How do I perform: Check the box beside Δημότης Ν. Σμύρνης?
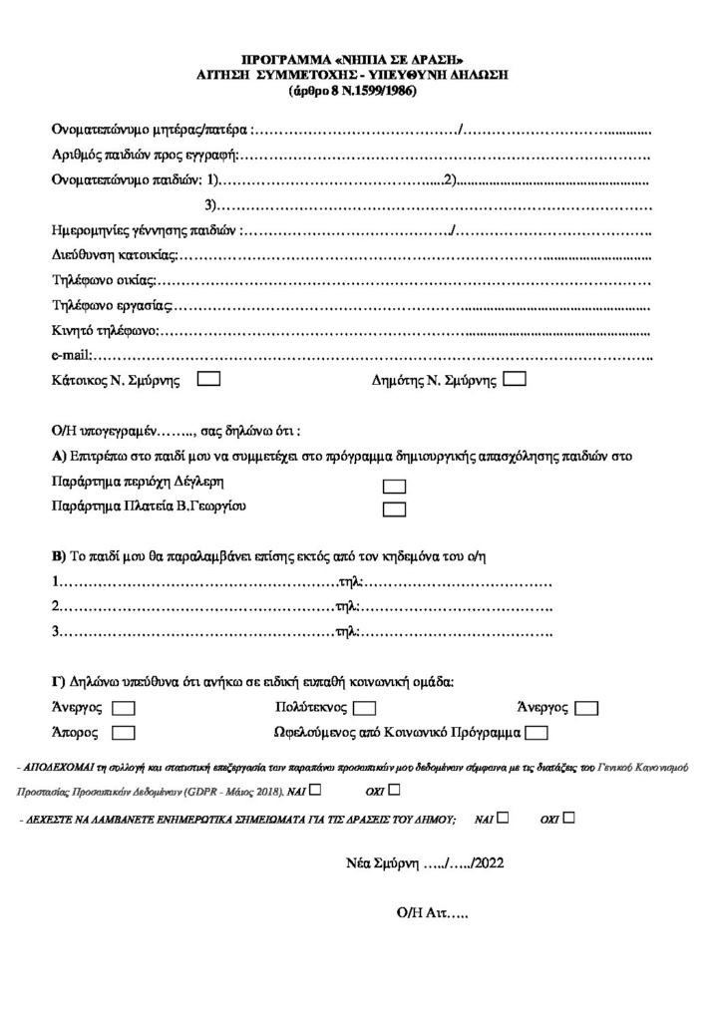(x=516, y=380)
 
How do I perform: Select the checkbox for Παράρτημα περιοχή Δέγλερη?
(x=395, y=487)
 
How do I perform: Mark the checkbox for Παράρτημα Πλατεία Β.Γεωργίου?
(x=395, y=510)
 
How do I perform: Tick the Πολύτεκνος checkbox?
(x=364, y=708)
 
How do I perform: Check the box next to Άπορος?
(x=125, y=733)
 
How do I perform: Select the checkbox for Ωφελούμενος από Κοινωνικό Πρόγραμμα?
(x=537, y=733)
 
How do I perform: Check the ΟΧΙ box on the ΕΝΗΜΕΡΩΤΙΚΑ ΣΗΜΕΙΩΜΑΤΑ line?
(x=568, y=818)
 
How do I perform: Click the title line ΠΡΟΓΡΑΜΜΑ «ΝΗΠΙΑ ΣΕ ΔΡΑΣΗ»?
(x=354, y=61)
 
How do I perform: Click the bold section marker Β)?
(x=58, y=556)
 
